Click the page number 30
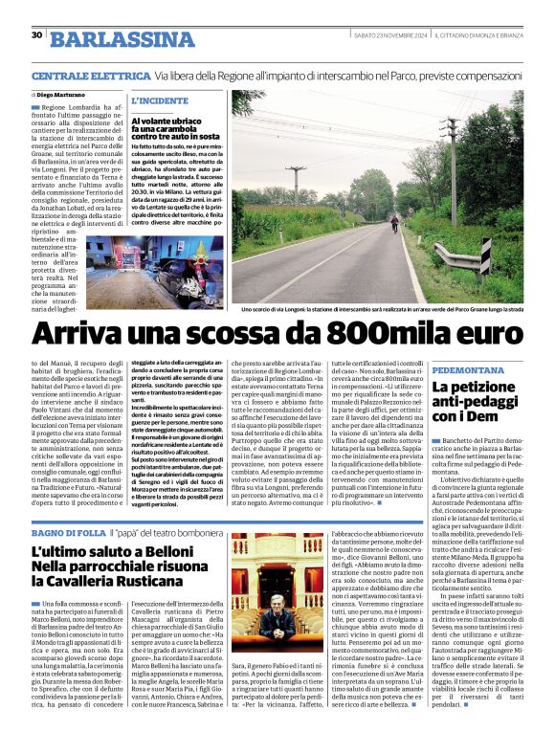pyautogui.click(x=36, y=35)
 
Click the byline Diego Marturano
pyautogui.click(x=60, y=96)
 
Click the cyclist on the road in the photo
pyautogui.click(x=394, y=223)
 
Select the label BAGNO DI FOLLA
pyautogui.click(x=66, y=531)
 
